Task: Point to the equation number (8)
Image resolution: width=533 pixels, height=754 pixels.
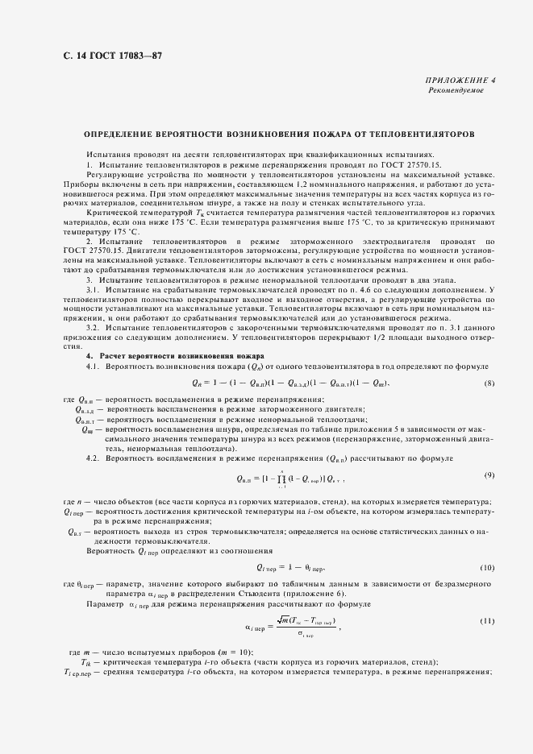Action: click(x=489, y=382)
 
